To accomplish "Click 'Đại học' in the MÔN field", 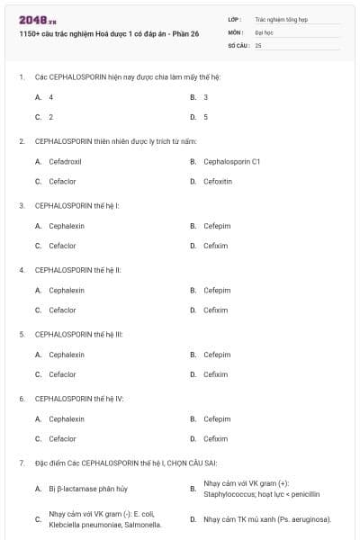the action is (x=265, y=31).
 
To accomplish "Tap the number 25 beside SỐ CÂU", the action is (x=258, y=44).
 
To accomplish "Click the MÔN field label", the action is (x=236, y=31).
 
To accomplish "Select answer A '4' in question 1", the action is (x=50, y=96).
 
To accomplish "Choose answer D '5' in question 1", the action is (x=205, y=117).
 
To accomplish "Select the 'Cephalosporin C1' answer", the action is (x=231, y=161).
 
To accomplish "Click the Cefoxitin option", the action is (x=218, y=181).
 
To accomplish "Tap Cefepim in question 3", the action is (x=217, y=226).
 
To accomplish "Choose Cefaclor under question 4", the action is (x=62, y=310).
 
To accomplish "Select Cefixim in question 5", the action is (x=216, y=374).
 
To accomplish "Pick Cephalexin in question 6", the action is (x=67, y=418).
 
